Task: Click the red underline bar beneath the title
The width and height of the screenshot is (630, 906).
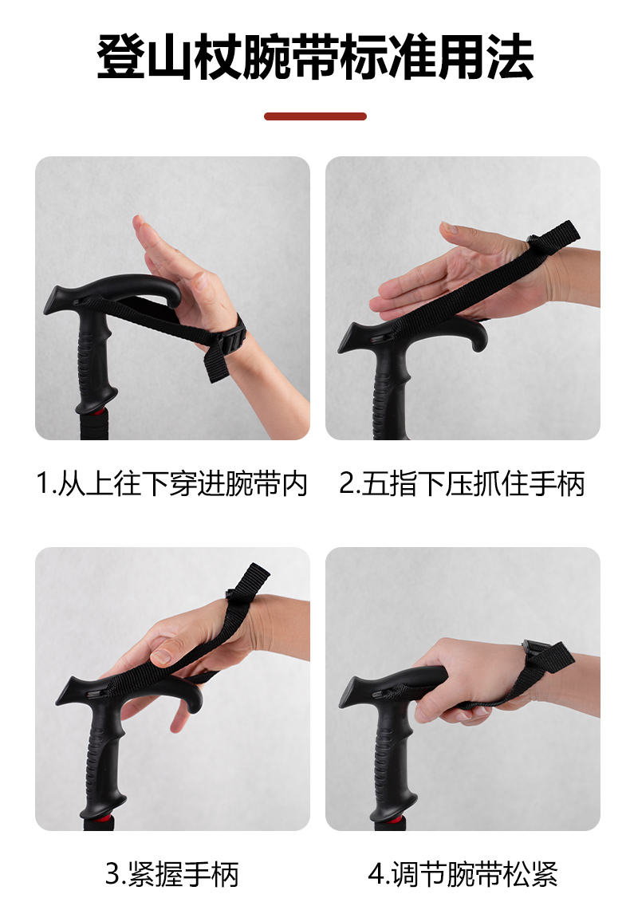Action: point(315,116)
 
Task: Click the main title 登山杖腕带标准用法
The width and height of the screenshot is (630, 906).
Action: point(315,57)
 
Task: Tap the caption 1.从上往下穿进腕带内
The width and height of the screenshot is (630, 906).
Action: point(171,483)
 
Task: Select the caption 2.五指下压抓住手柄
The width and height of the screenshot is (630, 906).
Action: point(462,483)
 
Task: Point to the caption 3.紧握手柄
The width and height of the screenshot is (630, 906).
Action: point(171,873)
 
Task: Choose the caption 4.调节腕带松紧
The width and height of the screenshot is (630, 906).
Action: point(463,873)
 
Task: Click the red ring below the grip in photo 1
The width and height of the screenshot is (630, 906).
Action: point(96,412)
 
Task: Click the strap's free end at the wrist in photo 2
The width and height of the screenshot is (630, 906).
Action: point(555,238)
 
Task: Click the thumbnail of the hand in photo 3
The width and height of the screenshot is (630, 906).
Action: point(161,656)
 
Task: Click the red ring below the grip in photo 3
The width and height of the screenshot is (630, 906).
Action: point(103,818)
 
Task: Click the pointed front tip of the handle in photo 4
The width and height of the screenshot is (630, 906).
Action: point(342,695)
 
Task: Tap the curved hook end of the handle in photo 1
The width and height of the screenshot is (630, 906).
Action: point(171,293)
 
